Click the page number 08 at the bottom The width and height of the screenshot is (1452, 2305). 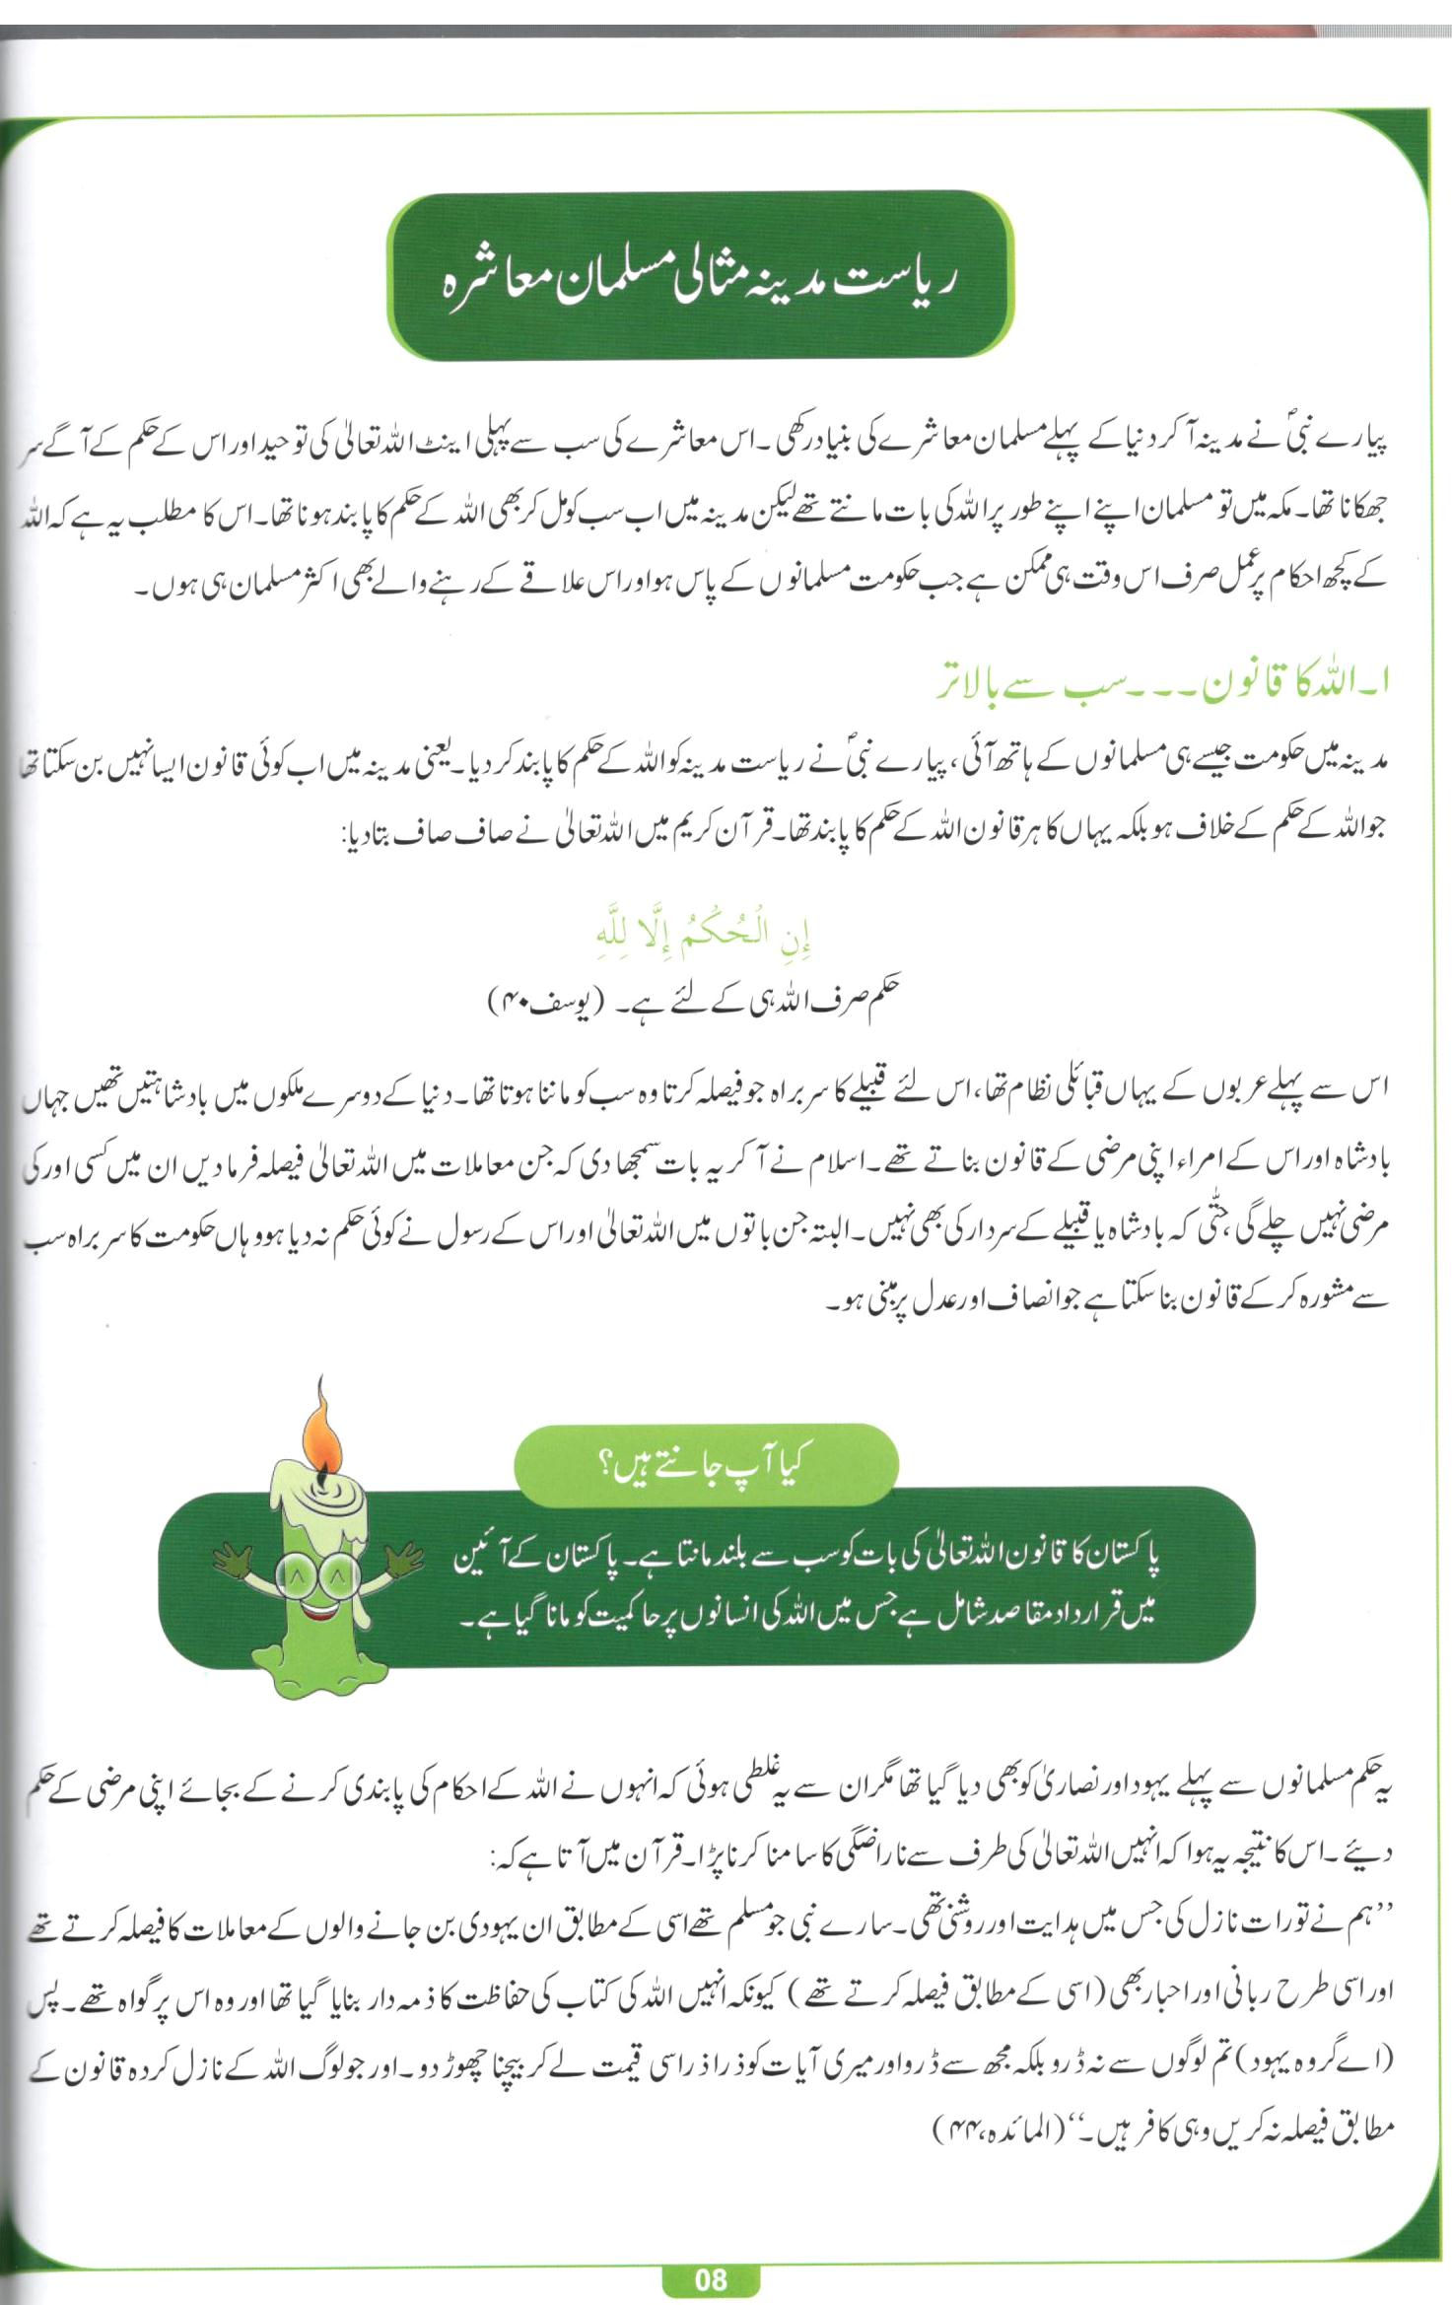[x=710, y=2279]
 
